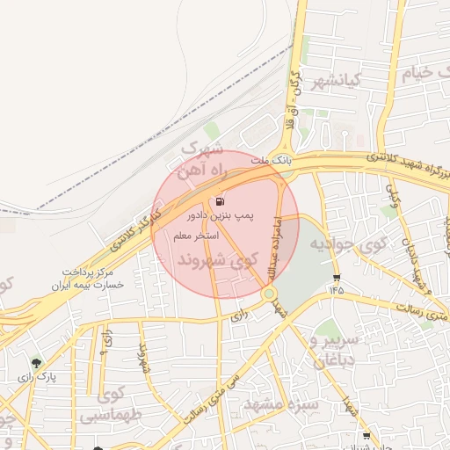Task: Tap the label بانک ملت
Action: click(269, 162)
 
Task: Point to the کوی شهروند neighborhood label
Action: click(217, 261)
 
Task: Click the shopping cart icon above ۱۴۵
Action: click(337, 276)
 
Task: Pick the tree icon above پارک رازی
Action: click(36, 363)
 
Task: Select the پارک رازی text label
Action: click(36, 377)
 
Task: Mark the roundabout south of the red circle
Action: click(270, 294)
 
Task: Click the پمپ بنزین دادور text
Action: click(219, 214)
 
